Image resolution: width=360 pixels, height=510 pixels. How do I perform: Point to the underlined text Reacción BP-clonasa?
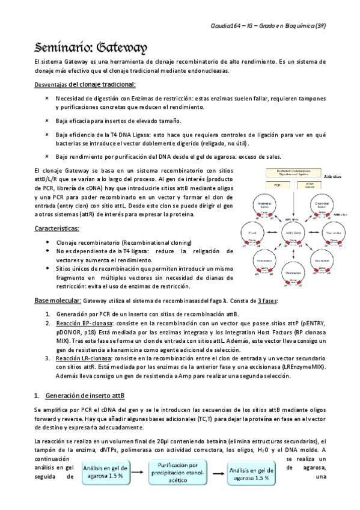[x=82, y=323]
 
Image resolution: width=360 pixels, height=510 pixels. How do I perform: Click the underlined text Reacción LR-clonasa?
[x=82, y=358]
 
